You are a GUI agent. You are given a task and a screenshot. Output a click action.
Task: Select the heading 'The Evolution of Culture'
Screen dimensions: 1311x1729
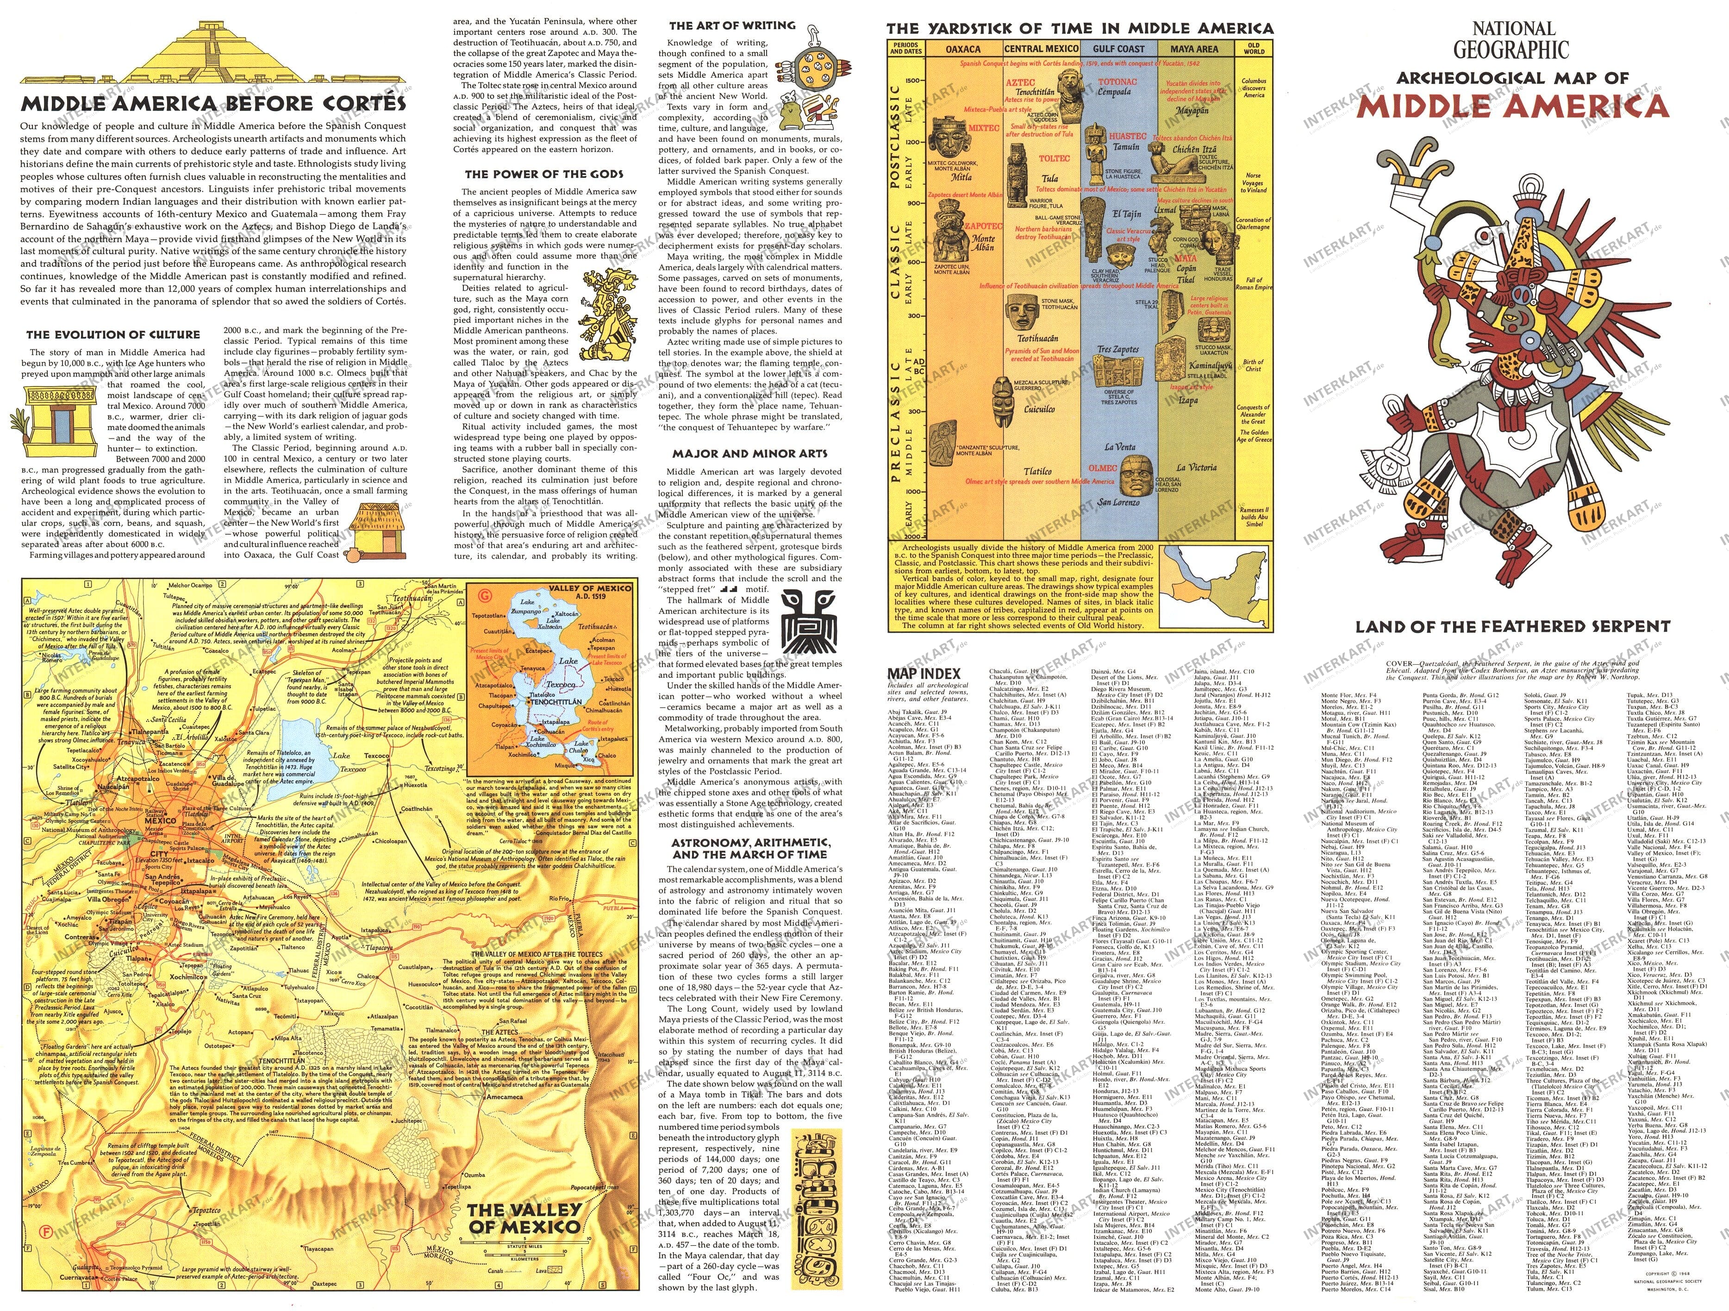coord(113,335)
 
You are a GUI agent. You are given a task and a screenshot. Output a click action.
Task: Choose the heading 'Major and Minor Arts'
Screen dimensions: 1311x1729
coord(750,453)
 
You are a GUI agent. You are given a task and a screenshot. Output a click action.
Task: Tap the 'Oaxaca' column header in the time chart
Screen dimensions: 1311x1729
coord(963,49)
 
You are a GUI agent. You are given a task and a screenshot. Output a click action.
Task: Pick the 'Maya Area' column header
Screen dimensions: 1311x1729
coord(1194,49)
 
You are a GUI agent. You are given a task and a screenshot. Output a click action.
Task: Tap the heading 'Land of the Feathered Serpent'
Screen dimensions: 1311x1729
coord(1512,626)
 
